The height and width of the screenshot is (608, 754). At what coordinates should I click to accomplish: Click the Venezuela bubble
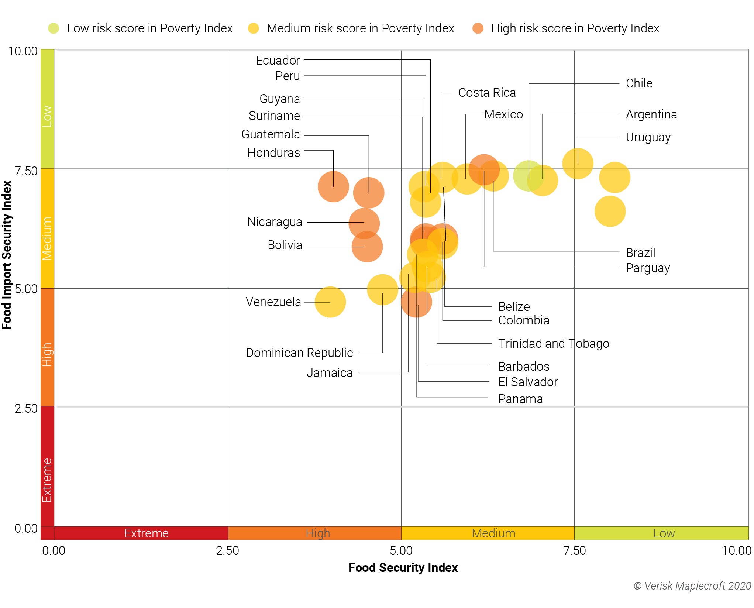click(330, 302)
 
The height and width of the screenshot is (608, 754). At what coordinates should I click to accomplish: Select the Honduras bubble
click(333, 187)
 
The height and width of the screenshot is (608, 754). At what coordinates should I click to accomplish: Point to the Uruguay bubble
click(578, 164)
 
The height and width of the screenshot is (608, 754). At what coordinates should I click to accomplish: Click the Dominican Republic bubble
click(382, 290)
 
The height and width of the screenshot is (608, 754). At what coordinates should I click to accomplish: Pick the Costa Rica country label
click(487, 93)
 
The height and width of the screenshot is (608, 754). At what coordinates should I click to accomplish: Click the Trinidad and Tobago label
click(553, 344)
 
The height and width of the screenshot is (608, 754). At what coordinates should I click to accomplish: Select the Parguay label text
click(648, 268)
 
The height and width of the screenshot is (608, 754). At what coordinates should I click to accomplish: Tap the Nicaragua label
click(275, 222)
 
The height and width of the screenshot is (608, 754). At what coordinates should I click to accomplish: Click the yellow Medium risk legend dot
click(254, 28)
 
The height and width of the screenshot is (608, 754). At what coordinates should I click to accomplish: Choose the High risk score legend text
click(575, 28)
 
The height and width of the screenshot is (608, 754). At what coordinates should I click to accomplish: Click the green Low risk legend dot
click(54, 28)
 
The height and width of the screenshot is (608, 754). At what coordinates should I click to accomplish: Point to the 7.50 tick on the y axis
click(26, 171)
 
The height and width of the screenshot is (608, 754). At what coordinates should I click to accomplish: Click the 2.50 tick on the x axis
click(228, 551)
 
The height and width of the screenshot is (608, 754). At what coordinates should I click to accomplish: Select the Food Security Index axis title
click(403, 567)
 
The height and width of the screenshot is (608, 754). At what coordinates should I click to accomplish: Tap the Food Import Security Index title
click(7, 255)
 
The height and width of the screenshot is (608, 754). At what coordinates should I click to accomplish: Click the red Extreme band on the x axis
click(146, 533)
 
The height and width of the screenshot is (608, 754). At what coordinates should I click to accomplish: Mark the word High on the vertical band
click(47, 354)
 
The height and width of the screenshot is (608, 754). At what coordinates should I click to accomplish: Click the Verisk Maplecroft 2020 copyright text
click(692, 586)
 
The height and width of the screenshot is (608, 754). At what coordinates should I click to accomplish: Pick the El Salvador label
click(528, 382)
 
